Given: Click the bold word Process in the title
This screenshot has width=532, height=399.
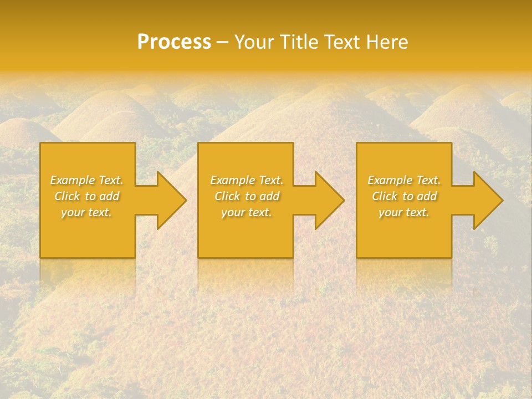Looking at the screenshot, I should (174, 42).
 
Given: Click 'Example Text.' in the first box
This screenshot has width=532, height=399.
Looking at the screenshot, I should (86, 180).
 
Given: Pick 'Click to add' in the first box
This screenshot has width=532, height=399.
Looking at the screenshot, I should (87, 196).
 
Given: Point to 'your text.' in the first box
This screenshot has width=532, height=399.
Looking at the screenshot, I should (86, 212).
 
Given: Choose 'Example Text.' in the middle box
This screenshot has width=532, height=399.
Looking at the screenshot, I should (247, 180).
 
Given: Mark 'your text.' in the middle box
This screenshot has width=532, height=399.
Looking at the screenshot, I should (247, 212).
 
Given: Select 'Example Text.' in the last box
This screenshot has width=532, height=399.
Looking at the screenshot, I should (404, 180).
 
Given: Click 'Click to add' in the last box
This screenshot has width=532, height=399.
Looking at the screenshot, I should (405, 196).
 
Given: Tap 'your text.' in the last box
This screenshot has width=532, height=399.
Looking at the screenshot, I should (404, 212).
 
